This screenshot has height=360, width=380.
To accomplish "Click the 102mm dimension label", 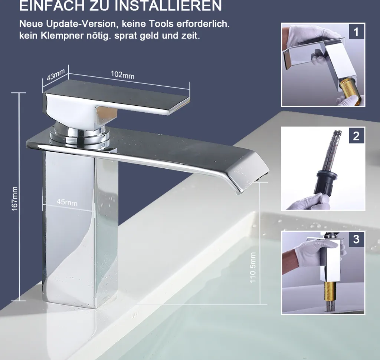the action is [x=122, y=75].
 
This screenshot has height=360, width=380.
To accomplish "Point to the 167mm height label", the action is [x=14, y=199].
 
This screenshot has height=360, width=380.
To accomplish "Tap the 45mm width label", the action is [x=67, y=202].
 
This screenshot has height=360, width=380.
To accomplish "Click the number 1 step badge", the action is [x=356, y=32].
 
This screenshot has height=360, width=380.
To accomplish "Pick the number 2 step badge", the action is [x=356, y=136].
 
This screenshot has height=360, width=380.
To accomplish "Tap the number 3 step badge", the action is [x=356, y=239].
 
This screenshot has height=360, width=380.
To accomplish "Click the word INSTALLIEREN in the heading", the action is [x=168, y=5].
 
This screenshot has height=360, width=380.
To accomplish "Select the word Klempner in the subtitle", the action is [x=62, y=36].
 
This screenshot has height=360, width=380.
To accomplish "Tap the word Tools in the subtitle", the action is [x=161, y=24].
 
